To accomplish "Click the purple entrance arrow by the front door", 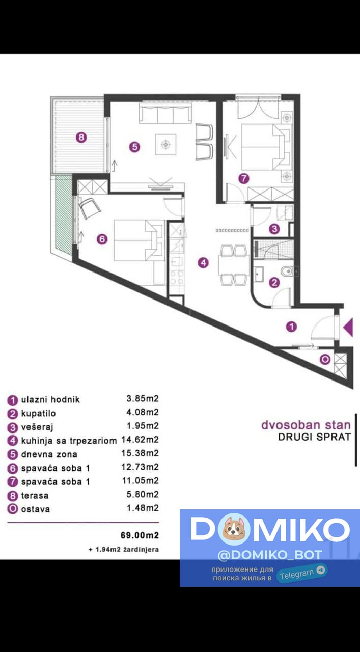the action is tap(349, 328).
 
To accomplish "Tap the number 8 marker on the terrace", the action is tap(81, 137).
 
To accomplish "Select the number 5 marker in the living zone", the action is tap(134, 147).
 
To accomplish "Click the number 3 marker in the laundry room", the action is tap(274, 229).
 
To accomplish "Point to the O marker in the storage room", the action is tap(325, 360).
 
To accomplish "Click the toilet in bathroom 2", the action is tap(288, 272).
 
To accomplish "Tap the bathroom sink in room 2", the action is tap(259, 274).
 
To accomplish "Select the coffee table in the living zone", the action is tap(165, 144).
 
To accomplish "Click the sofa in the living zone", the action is tap(165, 113).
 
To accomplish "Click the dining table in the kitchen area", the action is tap(234, 265).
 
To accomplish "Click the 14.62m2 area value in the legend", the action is tap(140, 439).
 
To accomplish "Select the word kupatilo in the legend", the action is tap(38, 413).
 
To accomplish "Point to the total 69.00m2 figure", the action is tap(140, 535).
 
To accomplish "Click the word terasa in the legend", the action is tap(35, 496).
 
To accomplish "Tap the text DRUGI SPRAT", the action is tap(315, 437).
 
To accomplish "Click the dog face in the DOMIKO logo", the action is tap(233, 529).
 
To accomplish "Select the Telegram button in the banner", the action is tap(302, 573).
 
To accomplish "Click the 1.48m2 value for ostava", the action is tap(143, 508).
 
